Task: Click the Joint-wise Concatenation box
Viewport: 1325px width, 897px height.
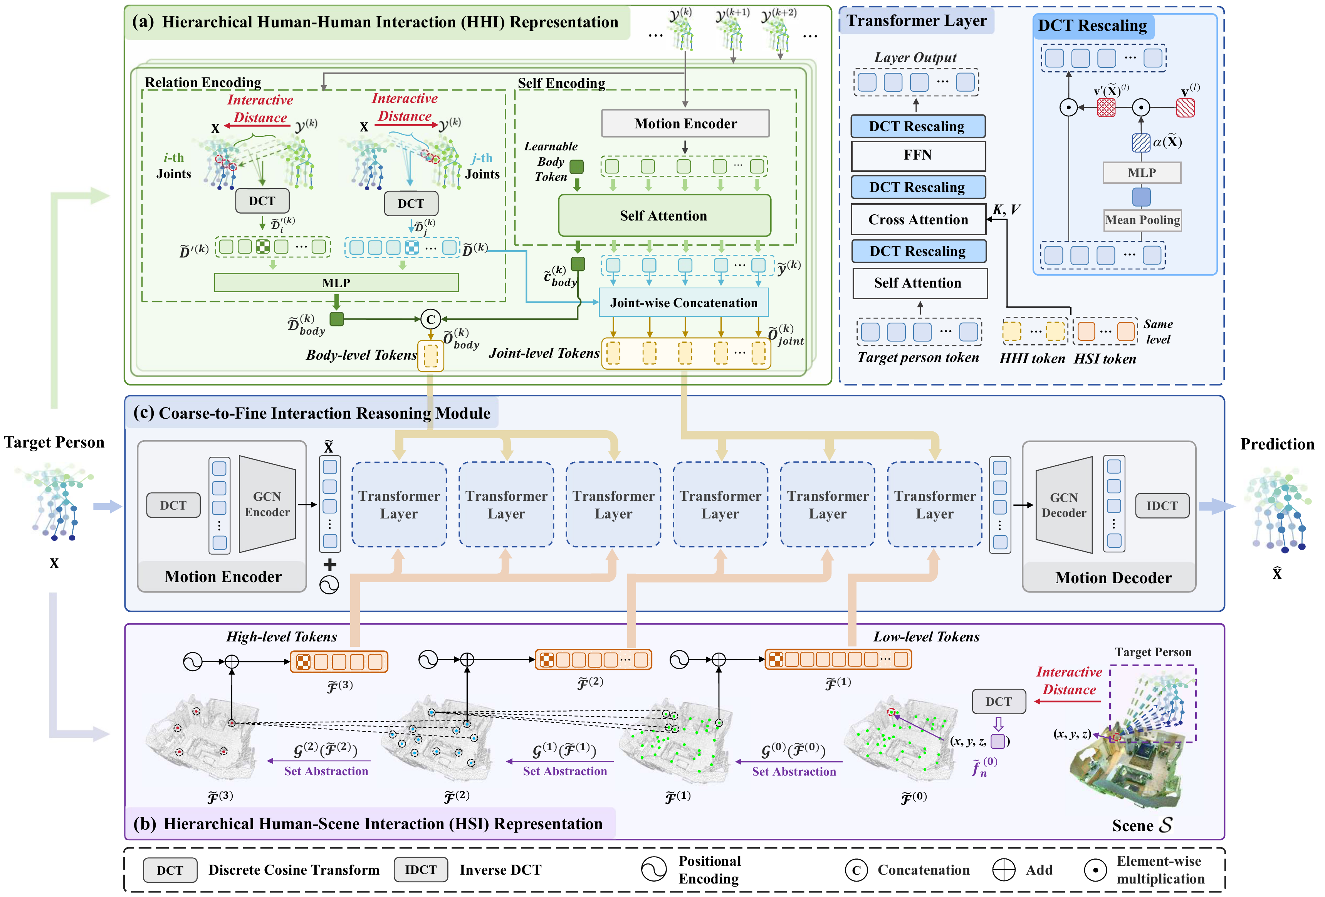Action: (x=683, y=303)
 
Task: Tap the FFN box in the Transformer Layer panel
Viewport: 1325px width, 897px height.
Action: (x=917, y=155)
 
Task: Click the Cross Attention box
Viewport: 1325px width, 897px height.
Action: (x=917, y=220)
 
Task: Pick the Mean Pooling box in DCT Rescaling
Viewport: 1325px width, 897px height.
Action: (x=1142, y=220)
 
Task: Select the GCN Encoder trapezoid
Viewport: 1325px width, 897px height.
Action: (x=267, y=504)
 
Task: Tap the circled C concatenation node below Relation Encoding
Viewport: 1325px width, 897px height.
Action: (x=430, y=319)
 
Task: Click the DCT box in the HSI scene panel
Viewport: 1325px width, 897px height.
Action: (x=998, y=702)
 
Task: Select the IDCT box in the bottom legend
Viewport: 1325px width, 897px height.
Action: (x=420, y=870)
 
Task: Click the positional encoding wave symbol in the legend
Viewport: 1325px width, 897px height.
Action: (x=653, y=869)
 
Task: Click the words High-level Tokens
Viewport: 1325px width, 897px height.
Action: (x=281, y=637)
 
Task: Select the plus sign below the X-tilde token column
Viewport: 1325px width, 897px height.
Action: (x=329, y=565)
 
